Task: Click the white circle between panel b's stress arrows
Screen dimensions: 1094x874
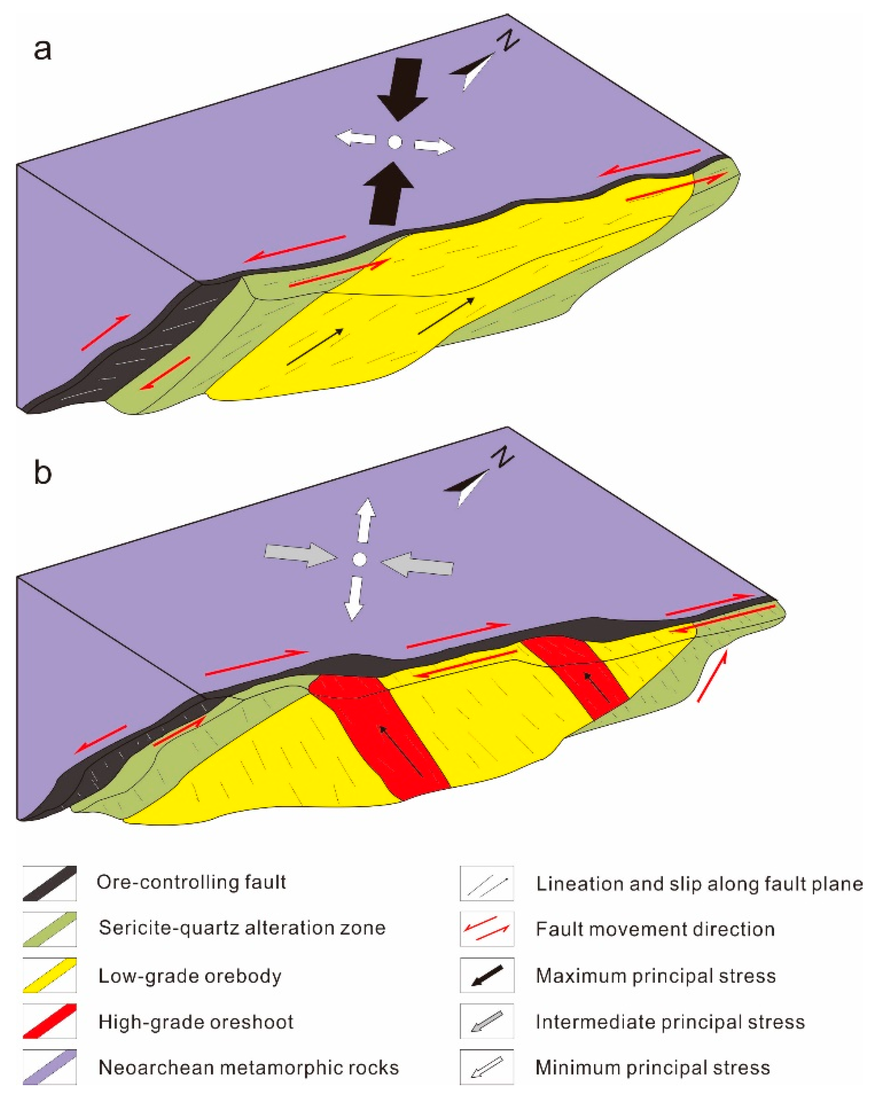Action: pyautogui.click(x=359, y=559)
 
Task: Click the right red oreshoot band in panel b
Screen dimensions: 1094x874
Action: pyautogui.click(x=584, y=670)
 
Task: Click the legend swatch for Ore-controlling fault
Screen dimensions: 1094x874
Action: pyautogui.click(x=49, y=883)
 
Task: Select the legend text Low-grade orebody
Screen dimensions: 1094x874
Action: pyautogui.click(x=190, y=976)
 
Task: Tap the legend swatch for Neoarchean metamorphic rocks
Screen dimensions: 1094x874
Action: pyautogui.click(x=49, y=1067)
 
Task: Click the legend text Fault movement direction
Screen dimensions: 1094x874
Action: pyautogui.click(x=655, y=929)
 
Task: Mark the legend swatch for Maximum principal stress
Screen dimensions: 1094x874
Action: pyautogui.click(x=486, y=975)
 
